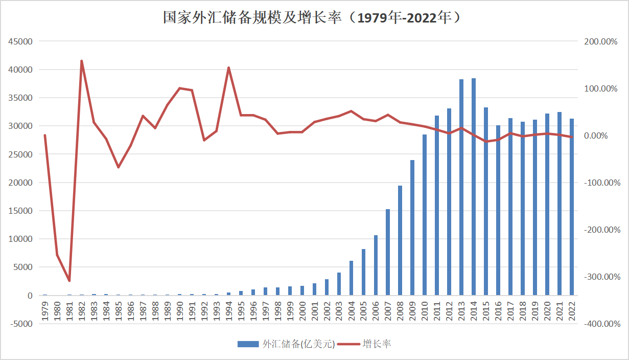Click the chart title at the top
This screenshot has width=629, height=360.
314,17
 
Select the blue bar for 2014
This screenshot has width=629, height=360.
474,187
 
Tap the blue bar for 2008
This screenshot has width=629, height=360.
400,240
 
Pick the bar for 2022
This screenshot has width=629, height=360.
571,207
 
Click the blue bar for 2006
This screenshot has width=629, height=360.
376,265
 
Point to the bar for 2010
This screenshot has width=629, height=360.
425,215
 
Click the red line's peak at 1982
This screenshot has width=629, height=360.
82,61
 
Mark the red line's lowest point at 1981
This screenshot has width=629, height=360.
69,281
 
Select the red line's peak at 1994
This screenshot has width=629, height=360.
228,67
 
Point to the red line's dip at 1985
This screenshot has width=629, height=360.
119,167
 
